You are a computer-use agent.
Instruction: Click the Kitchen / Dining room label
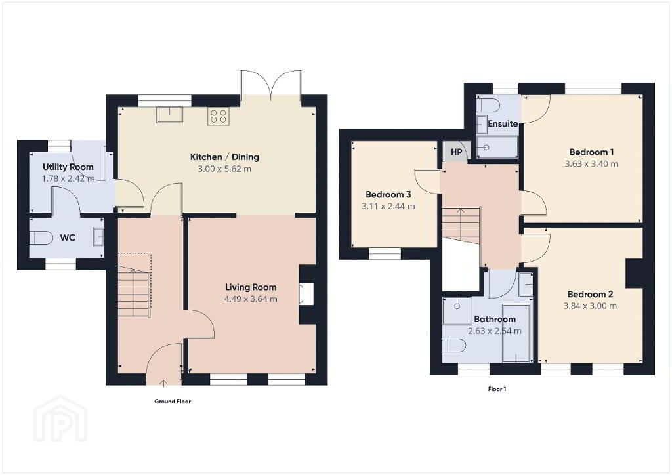[x=224, y=157]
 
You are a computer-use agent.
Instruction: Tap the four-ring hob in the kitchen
[x=219, y=116]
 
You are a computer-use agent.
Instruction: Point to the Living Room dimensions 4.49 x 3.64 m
[x=251, y=299]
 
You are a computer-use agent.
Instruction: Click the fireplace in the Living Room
[x=307, y=295]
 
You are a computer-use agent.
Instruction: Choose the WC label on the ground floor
[x=68, y=237]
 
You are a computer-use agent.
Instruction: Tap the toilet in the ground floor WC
[x=42, y=237]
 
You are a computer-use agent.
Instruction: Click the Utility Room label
[x=68, y=167]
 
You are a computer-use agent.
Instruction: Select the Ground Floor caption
[x=173, y=402]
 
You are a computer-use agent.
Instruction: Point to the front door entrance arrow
[x=163, y=382]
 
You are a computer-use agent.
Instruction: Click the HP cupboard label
[x=457, y=152]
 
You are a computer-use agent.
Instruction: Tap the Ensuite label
[x=503, y=124]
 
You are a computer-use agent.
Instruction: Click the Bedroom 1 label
[x=591, y=152]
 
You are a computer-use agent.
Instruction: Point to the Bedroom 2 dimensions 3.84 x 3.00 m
[x=590, y=306]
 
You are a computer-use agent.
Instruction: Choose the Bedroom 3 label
[x=388, y=194]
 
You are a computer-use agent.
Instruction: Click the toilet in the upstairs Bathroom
[x=454, y=345]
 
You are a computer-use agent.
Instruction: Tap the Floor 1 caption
[x=497, y=389]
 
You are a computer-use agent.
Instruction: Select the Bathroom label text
[x=495, y=319]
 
